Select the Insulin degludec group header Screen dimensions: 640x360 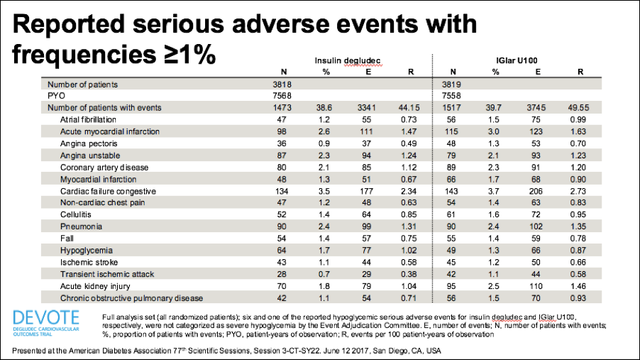348,61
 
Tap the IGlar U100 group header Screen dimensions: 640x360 517,61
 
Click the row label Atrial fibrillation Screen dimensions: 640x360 88,120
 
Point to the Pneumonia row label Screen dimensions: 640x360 81,227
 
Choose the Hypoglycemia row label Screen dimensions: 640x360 86,251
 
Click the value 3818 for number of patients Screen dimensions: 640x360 282,84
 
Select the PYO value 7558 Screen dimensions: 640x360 451,96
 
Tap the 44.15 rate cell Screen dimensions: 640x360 409,108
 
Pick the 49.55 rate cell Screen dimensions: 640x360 578,108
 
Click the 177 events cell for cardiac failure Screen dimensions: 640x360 367,191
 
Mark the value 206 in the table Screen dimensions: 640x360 536,191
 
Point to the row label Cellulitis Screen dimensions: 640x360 75,214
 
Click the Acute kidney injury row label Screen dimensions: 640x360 95,286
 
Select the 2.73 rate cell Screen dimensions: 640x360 578,191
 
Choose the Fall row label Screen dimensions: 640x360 67,239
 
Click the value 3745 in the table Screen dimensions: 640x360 536,108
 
